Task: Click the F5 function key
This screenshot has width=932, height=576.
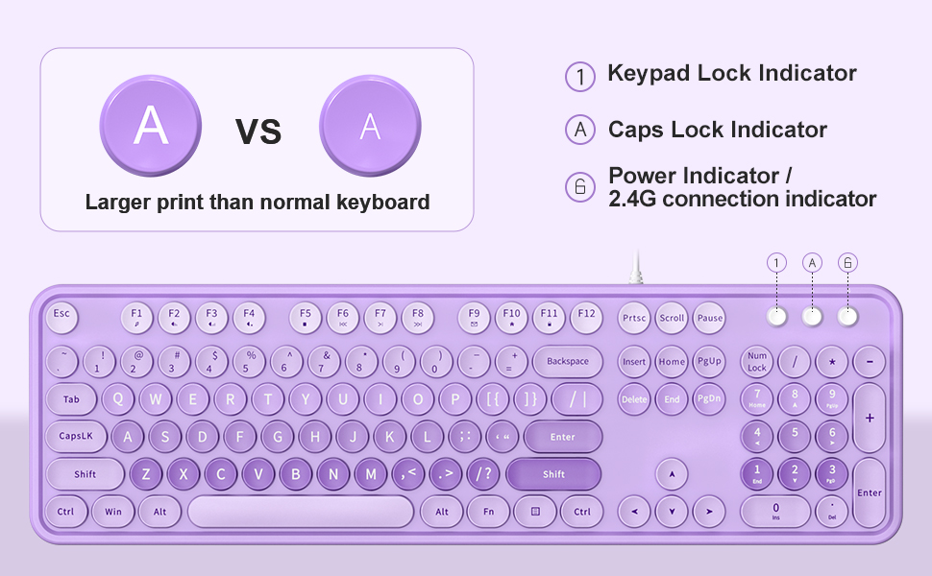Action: (306, 316)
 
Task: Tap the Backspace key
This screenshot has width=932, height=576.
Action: (567, 362)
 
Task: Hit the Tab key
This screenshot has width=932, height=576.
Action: (72, 399)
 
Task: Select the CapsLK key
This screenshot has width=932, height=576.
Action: (76, 436)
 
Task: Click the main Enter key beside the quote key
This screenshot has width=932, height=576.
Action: (562, 437)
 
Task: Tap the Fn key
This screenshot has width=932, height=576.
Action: (489, 512)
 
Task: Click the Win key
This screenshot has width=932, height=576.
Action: (113, 512)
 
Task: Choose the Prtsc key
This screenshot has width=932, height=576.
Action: (634, 318)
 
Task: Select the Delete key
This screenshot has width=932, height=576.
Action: (634, 399)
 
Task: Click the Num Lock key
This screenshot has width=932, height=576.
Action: (757, 362)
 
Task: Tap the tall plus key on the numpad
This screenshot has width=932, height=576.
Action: (870, 419)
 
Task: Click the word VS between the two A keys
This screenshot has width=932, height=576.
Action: (258, 131)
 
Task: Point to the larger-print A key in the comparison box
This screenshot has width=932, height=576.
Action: (151, 126)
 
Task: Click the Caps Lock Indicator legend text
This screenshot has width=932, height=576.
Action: (717, 130)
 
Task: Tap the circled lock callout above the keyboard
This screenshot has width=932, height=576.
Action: (847, 262)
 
